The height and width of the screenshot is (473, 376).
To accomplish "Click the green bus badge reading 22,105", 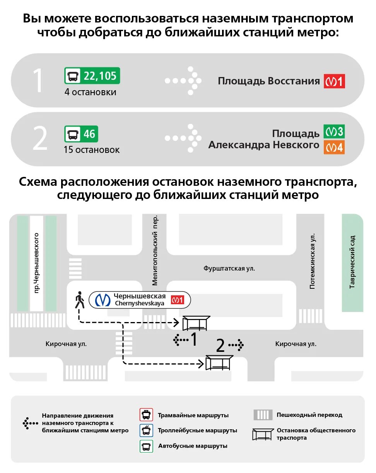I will point(92,76).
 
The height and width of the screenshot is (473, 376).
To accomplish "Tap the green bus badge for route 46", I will point(81,134).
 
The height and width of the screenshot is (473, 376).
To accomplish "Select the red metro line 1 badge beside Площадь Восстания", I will point(334,82).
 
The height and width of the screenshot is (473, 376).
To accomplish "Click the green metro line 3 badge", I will point(334,132).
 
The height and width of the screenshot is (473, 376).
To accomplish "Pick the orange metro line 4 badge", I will point(334,147).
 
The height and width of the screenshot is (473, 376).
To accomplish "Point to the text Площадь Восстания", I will point(269,81).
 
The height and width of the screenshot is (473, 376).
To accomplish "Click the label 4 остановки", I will point(91,93).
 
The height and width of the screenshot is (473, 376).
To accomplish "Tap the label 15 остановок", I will point(92,150).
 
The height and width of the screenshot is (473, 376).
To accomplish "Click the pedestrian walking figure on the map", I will point(80,300).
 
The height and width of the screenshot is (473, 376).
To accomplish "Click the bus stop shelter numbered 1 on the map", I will point(196,323).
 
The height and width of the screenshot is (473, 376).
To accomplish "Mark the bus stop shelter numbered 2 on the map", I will point(219,363).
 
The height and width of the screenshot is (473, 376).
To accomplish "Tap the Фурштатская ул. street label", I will point(229,268).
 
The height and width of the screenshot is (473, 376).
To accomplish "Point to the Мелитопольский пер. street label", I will point(155,250).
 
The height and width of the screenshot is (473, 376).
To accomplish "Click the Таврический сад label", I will point(352,262).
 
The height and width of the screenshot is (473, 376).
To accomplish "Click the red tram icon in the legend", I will point(146,415).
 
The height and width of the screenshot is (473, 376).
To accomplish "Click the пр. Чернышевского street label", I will point(37,263).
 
